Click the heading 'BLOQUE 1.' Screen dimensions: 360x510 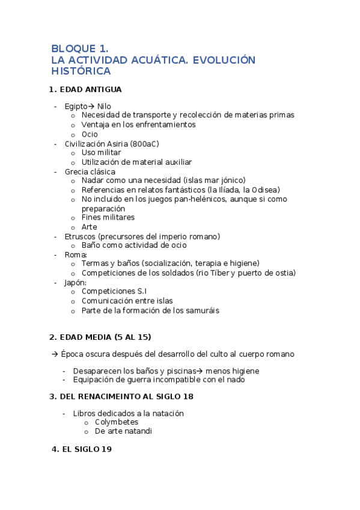79,49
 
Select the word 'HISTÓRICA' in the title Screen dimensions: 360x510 81,71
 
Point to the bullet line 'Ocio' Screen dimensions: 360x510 90,134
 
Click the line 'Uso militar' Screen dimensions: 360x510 101,153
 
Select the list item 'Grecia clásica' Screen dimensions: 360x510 90,171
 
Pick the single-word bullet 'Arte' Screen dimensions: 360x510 89,227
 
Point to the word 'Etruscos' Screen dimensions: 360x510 80,236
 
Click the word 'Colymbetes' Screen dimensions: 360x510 117,422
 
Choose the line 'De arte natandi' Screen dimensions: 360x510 124,431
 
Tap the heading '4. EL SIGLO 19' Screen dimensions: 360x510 82,449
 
